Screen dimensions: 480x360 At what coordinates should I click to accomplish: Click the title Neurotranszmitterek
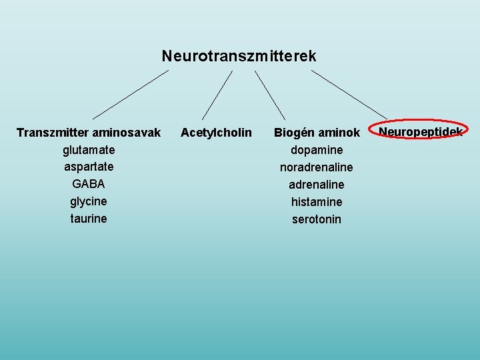(239, 56)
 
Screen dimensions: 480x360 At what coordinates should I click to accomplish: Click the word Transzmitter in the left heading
(51, 133)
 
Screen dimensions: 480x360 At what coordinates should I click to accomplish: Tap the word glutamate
(89, 149)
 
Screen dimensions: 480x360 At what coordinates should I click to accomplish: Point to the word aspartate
(89, 167)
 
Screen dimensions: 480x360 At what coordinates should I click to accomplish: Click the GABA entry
(89, 183)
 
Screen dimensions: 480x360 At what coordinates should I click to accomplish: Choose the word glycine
(89, 201)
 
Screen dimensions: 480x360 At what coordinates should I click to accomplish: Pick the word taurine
(89, 218)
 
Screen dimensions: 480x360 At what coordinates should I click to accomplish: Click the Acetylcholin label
(216, 133)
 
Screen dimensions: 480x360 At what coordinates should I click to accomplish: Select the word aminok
(339, 133)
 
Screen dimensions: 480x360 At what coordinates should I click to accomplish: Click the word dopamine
(317, 150)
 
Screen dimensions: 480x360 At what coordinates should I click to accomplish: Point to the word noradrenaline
(317, 167)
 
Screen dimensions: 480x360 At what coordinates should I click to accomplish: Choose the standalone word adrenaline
(317, 184)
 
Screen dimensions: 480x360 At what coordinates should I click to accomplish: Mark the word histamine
(317, 201)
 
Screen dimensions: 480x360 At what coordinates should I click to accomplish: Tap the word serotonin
(317, 219)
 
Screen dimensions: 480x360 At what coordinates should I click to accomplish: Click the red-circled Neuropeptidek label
(421, 131)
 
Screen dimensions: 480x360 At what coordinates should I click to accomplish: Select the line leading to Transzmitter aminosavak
(131, 94)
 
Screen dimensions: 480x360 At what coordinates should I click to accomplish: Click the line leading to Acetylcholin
(217, 95)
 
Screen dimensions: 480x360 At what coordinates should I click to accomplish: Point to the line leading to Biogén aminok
(270, 95)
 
